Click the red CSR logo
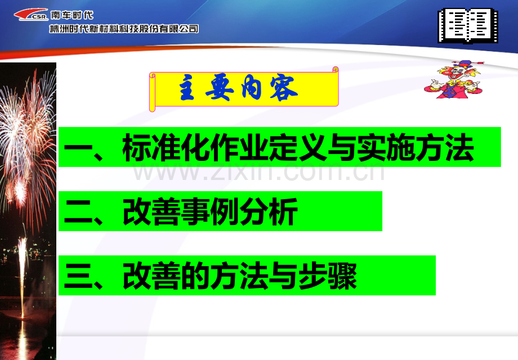click(31, 15)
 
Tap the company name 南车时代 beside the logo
click(72, 15)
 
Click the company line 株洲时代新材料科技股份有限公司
click(124, 29)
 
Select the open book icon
click(468, 26)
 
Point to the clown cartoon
click(454, 79)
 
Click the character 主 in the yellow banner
click(187, 88)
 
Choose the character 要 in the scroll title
click(219, 88)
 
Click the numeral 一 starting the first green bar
click(78, 147)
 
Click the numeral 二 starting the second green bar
click(78, 212)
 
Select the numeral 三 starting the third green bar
click(78, 276)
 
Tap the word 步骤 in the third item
click(327, 276)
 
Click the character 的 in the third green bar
click(195, 276)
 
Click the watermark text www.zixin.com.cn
click(258, 172)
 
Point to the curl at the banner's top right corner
click(336, 69)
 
